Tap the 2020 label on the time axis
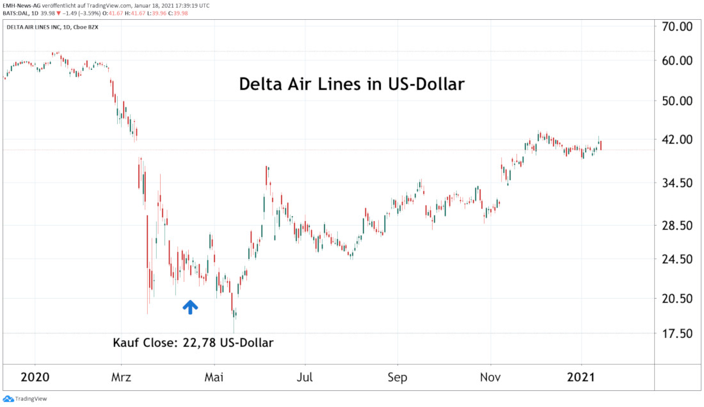[x=35, y=377]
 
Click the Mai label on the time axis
[x=214, y=377]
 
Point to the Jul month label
[x=305, y=377]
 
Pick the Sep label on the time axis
[x=397, y=377]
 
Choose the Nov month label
[x=490, y=377]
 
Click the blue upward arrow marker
[x=190, y=306]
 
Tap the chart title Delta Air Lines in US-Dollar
[x=351, y=84]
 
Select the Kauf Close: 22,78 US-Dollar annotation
[x=193, y=343]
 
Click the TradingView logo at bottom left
[x=26, y=399]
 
